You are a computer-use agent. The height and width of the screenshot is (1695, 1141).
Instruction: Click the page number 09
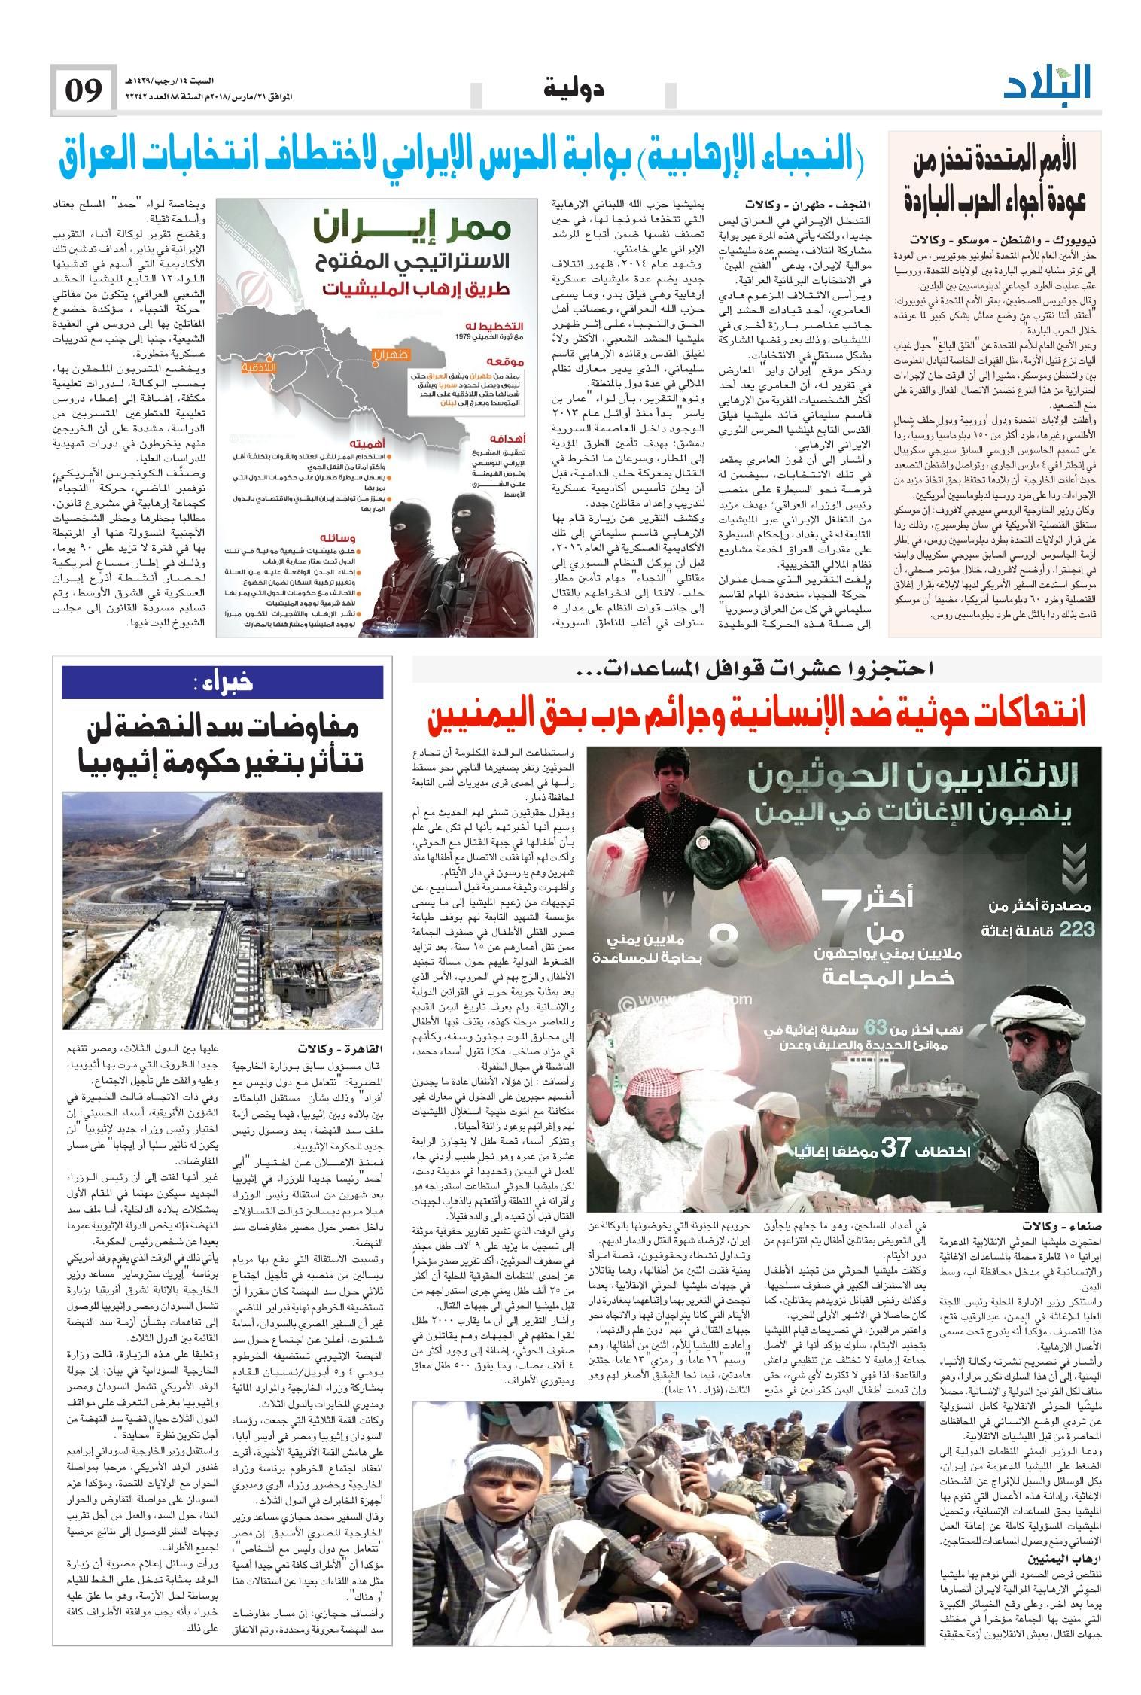(x=84, y=91)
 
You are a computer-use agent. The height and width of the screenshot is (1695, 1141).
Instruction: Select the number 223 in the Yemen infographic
(x=1076, y=930)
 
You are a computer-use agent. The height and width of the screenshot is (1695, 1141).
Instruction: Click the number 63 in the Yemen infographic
(x=877, y=1027)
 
